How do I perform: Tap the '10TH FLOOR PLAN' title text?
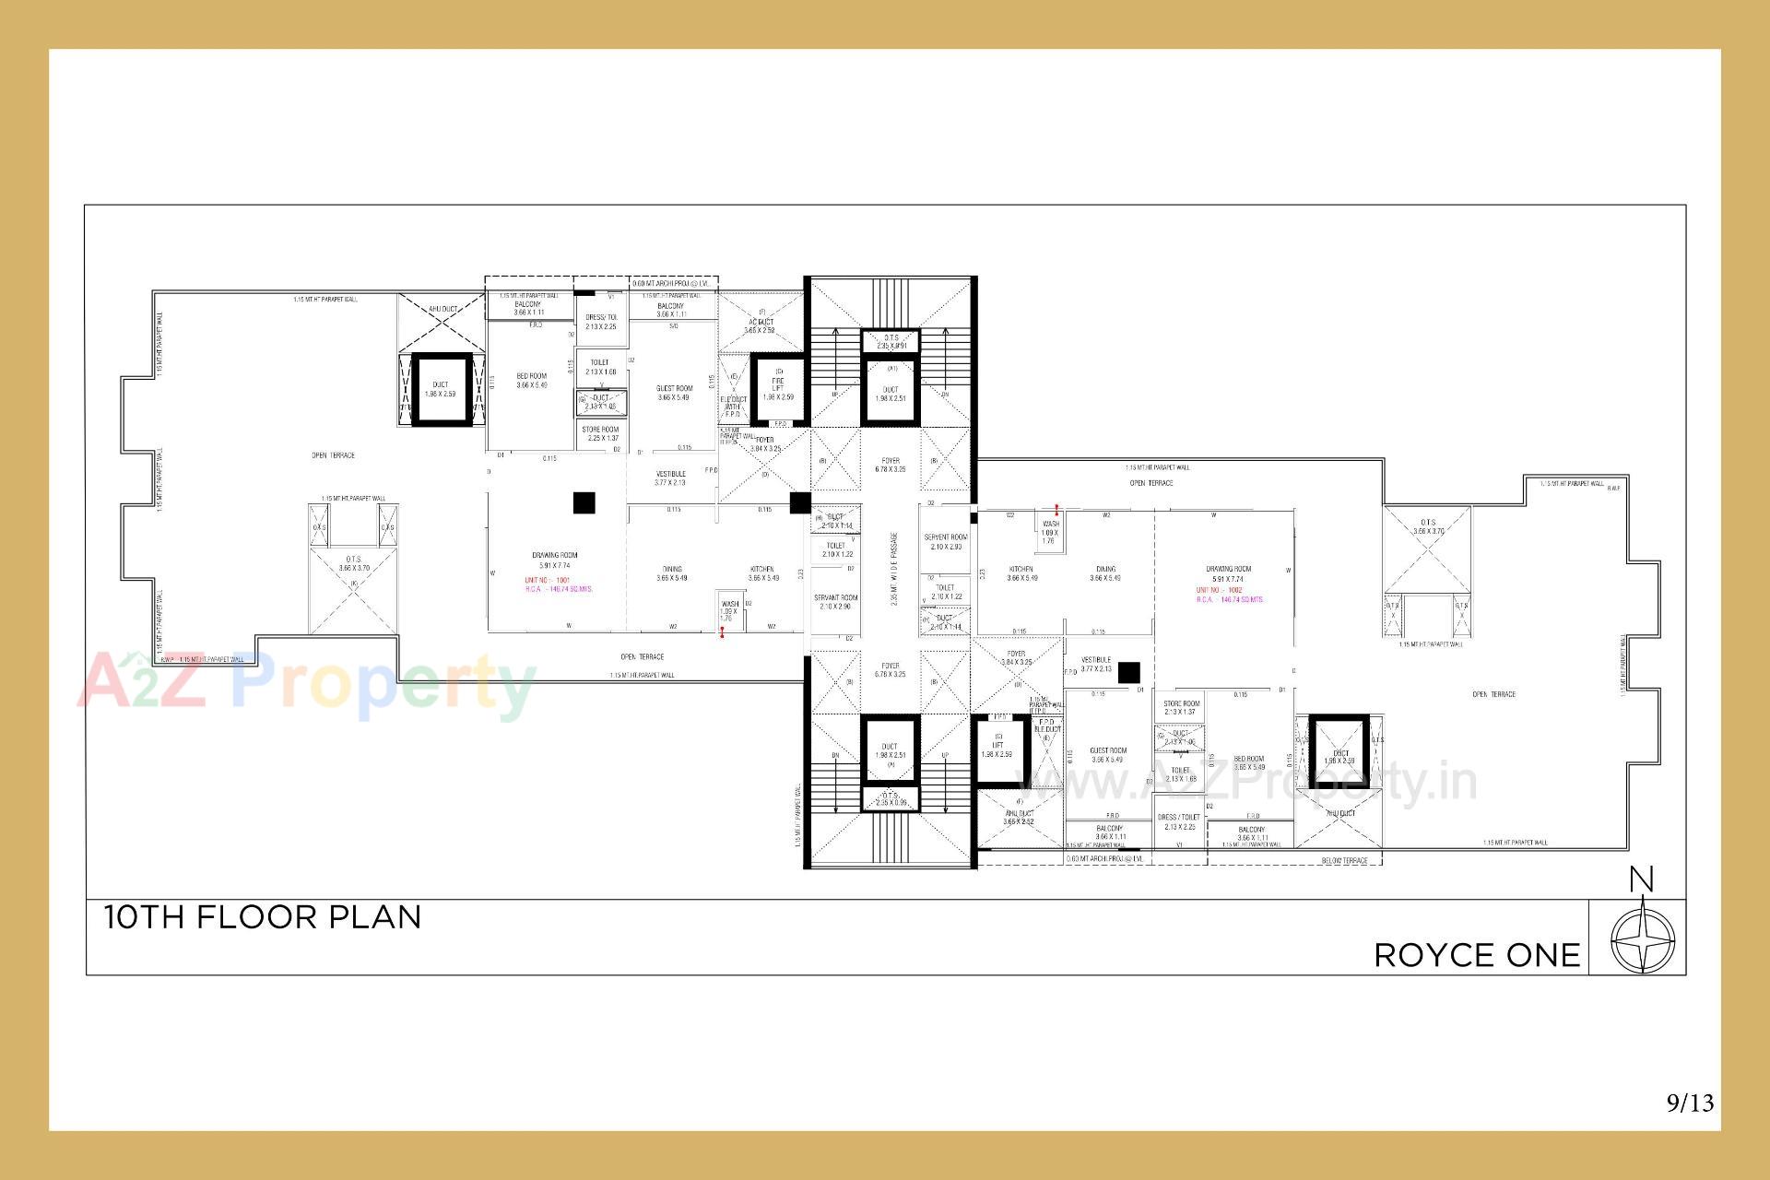[263, 917]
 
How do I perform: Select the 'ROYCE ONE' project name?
[1477, 955]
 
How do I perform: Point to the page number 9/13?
[1690, 1102]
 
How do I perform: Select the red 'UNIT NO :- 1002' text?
[1220, 590]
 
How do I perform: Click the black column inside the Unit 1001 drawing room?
[584, 502]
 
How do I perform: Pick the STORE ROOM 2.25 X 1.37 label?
[600, 433]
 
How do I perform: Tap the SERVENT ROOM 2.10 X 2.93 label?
[946, 542]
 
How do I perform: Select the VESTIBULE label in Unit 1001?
[670, 478]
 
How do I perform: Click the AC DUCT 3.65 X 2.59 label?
[761, 325]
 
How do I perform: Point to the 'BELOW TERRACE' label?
[1344, 860]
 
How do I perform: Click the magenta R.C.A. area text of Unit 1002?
[1230, 599]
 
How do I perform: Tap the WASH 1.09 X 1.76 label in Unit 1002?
[1050, 532]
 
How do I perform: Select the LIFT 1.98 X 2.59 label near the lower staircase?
[997, 749]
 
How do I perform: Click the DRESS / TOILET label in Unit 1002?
[1179, 821]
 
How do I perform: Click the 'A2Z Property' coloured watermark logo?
[304, 684]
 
